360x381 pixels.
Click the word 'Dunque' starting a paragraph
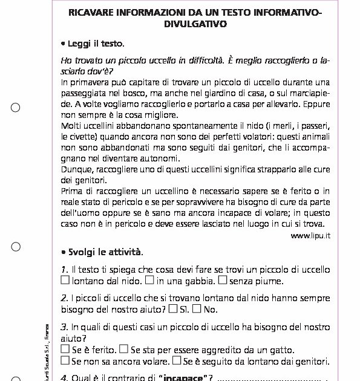tap(77, 169)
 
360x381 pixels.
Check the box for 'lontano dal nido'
tap(65, 280)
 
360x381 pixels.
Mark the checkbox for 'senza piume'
tap(222, 280)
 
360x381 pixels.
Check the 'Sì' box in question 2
tap(173, 309)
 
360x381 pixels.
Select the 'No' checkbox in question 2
tap(197, 309)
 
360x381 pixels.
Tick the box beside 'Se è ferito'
tap(65, 350)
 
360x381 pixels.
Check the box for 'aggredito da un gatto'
tap(123, 350)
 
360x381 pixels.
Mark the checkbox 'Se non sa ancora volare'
tap(65, 361)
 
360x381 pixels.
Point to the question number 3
tap(64, 327)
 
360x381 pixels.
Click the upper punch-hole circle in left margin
tap(16, 108)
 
